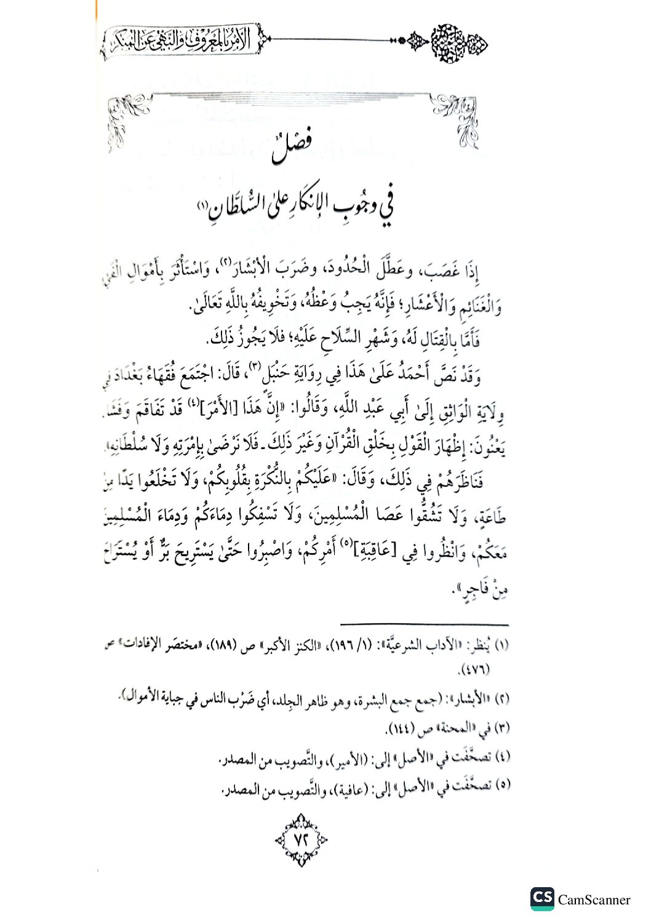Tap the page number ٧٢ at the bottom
[302, 839]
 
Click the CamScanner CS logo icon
[541, 898]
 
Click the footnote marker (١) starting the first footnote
[501, 646]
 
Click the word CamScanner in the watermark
[594, 899]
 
